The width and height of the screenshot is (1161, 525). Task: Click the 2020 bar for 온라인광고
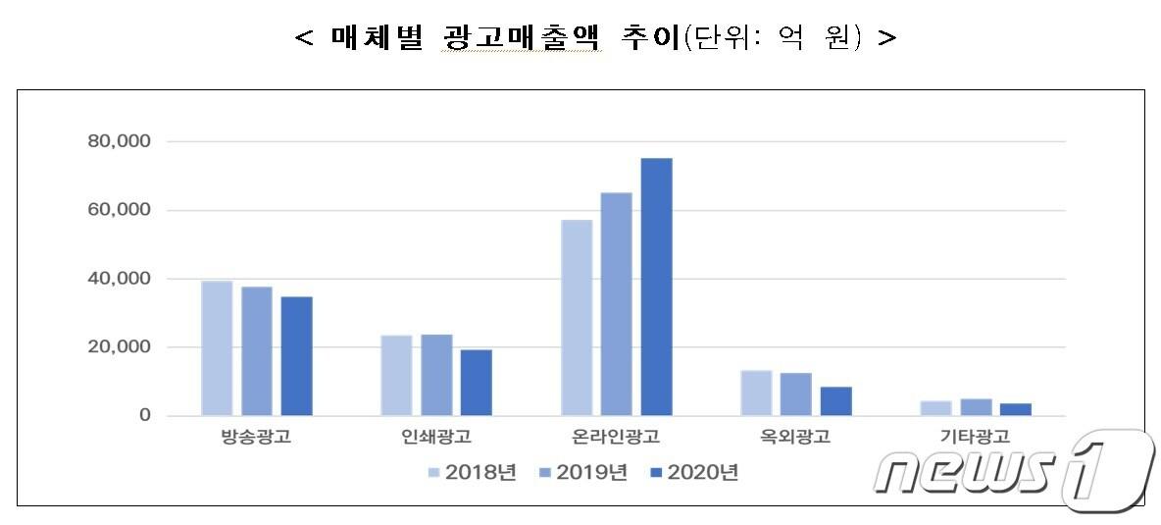(x=656, y=287)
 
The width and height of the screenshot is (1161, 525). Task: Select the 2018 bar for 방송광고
(x=217, y=348)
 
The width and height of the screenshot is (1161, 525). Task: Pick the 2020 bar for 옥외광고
(x=835, y=401)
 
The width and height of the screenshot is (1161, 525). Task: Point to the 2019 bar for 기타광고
(x=976, y=407)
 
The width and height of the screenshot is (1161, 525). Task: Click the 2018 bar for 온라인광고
(x=577, y=317)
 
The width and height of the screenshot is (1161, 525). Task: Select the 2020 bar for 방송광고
(x=296, y=356)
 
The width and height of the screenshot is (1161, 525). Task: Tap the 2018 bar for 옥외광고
(x=756, y=393)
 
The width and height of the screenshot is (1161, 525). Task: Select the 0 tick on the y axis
(x=144, y=416)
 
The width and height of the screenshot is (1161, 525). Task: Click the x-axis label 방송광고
(x=256, y=438)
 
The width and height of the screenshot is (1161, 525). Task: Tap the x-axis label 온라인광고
(x=617, y=438)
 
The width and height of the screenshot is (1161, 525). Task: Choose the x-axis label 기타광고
(x=976, y=438)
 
